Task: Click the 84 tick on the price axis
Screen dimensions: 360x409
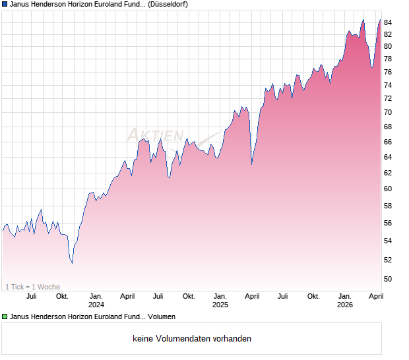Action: (x=388, y=22)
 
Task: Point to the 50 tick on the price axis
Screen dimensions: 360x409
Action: (x=388, y=279)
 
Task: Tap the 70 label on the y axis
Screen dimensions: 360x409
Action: (x=388, y=112)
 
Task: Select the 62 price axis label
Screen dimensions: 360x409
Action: (x=388, y=173)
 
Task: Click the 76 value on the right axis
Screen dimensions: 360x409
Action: (x=388, y=72)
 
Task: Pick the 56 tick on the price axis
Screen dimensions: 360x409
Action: (x=388, y=223)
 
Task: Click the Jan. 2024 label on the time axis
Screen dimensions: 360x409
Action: (x=96, y=300)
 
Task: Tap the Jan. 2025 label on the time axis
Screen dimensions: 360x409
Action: (x=220, y=300)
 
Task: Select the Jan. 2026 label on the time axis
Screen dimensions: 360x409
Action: (x=345, y=300)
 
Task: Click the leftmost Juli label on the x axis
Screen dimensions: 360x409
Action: (x=31, y=296)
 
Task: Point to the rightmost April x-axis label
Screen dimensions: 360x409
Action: (x=375, y=296)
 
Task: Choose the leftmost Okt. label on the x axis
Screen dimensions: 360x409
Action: (x=62, y=296)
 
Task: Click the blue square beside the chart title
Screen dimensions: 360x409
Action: (x=5, y=4)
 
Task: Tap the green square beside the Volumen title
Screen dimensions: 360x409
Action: (x=5, y=317)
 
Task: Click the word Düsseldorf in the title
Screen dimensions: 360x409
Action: (x=168, y=4)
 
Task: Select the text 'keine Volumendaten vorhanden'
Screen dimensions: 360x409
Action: (x=192, y=339)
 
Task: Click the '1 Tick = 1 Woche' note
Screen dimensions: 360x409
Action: (x=33, y=287)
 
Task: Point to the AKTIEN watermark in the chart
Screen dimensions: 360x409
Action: (x=156, y=135)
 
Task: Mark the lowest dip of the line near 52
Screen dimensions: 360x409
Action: (x=72, y=262)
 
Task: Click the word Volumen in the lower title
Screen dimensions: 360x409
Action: (x=161, y=317)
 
